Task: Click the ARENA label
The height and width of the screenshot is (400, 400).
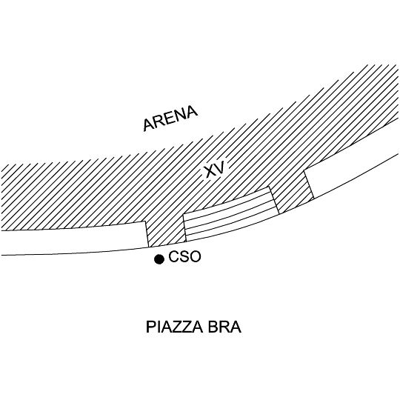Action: (x=170, y=119)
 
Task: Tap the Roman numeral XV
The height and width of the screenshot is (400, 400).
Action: (x=216, y=169)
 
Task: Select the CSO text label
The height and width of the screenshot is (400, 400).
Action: (x=184, y=256)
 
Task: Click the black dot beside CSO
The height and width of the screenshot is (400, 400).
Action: (x=159, y=259)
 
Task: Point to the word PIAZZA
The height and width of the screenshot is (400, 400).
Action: (x=176, y=327)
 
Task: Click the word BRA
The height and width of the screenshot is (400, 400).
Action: (x=224, y=327)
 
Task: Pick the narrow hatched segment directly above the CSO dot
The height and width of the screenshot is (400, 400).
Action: (x=166, y=231)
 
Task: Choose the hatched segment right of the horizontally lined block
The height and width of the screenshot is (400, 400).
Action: (x=292, y=193)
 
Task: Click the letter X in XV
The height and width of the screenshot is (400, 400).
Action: (x=210, y=171)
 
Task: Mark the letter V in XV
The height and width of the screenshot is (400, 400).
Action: (x=221, y=167)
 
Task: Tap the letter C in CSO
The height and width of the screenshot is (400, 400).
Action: (x=174, y=256)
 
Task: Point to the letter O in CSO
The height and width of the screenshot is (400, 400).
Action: (x=195, y=256)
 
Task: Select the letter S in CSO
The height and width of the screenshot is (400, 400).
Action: (x=184, y=256)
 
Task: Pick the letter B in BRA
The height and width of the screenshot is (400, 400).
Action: (x=213, y=327)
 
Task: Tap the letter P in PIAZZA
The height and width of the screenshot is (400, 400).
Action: (x=151, y=327)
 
